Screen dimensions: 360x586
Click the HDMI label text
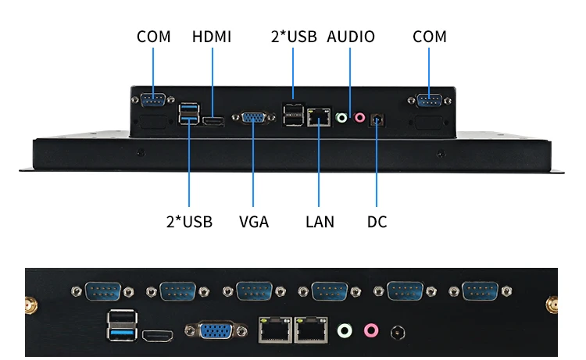[x=212, y=37]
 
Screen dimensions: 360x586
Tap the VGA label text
[x=254, y=222]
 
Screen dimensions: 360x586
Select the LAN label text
[x=320, y=222]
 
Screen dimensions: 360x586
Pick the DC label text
[x=377, y=222]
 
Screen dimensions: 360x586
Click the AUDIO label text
[x=351, y=37]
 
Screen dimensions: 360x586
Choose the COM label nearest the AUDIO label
[x=430, y=37]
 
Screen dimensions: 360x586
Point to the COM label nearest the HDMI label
[x=154, y=37]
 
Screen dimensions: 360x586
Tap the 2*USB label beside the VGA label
[x=189, y=222]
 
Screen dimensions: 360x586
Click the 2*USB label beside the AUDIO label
[x=293, y=37]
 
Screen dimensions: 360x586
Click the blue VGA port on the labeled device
[x=254, y=118]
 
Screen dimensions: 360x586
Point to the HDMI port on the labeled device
[x=213, y=121]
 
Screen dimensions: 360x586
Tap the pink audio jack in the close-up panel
[x=371, y=331]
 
